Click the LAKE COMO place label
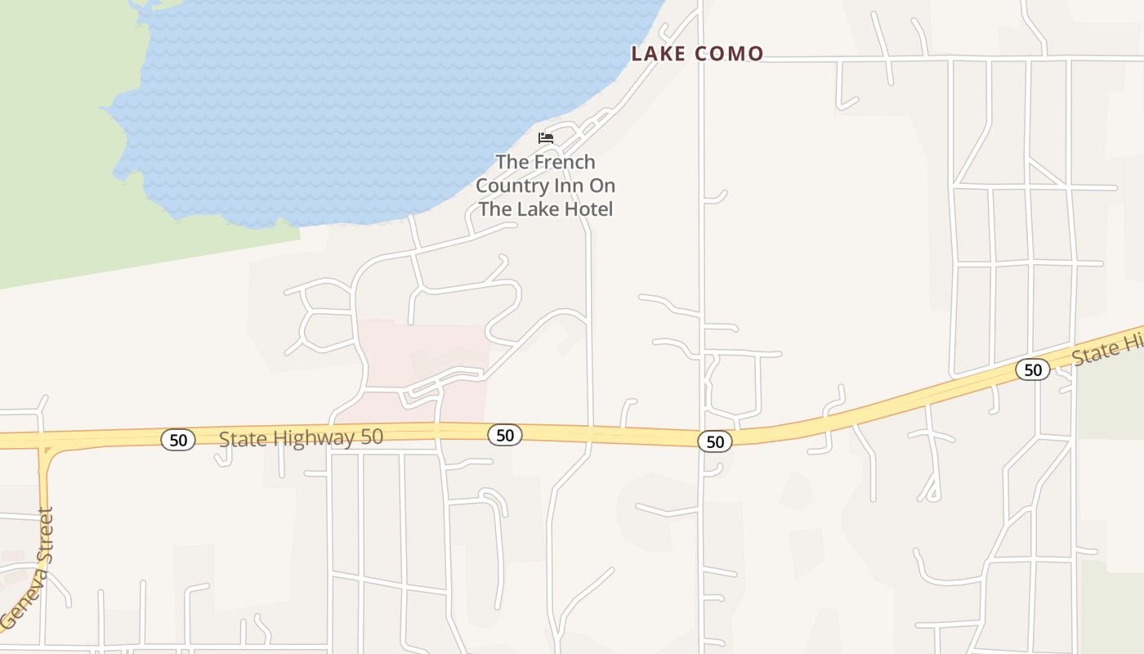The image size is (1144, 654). [697, 54]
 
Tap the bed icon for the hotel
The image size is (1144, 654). [546, 137]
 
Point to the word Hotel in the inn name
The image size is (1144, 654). [587, 208]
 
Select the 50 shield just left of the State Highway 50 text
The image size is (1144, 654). [178, 440]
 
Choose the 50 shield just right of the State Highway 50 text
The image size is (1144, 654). [505, 435]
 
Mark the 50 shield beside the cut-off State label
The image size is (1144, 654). [1033, 370]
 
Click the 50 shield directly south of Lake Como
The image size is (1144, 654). [715, 441]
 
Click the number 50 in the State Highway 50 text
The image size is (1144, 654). [372, 437]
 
